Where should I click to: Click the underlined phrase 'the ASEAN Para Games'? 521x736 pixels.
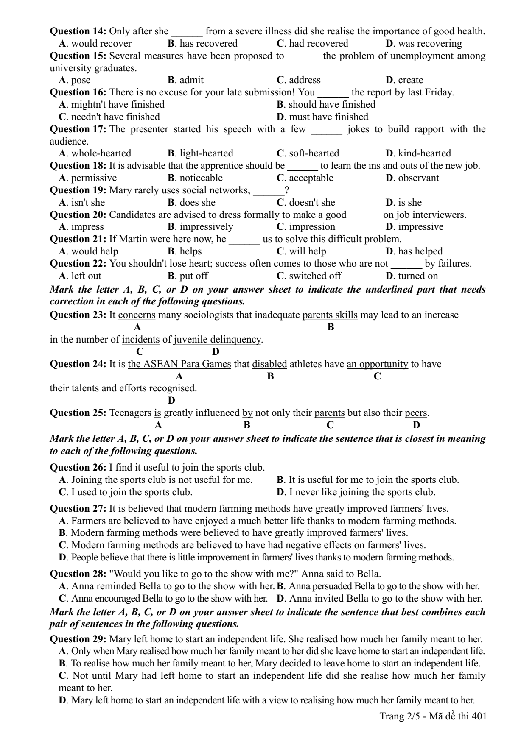pyautogui.click(x=179, y=364)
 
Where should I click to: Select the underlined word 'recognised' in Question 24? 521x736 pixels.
pyautogui.click(x=172, y=388)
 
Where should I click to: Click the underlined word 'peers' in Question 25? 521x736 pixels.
pyautogui.click(x=416, y=413)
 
